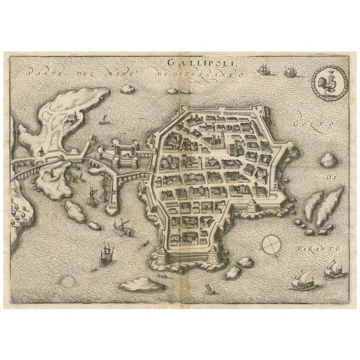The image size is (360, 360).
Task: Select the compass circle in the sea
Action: pos(271,244)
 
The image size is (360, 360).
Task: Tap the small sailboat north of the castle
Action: pos(103,119)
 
